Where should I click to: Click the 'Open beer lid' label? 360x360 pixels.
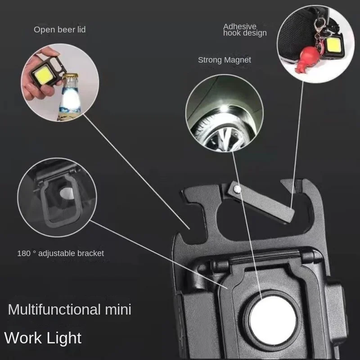click(x=60, y=30)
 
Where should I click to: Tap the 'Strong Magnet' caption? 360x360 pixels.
click(x=224, y=60)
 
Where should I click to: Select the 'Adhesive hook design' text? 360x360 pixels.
click(x=245, y=30)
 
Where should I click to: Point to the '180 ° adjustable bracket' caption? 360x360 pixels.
click(x=61, y=253)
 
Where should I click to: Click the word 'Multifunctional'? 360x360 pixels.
click(x=54, y=309)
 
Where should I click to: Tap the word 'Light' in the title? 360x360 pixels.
click(x=62, y=338)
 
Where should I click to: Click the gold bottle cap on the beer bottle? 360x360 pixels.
click(x=71, y=76)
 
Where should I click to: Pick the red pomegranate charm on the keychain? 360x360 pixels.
click(x=309, y=58)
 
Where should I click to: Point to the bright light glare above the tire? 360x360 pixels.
click(x=224, y=108)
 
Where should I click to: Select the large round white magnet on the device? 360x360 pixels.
click(x=273, y=320)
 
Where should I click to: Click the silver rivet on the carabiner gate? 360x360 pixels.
click(x=237, y=189)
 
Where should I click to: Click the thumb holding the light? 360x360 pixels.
click(x=47, y=52)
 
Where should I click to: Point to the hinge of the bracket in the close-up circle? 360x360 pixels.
click(x=58, y=175)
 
